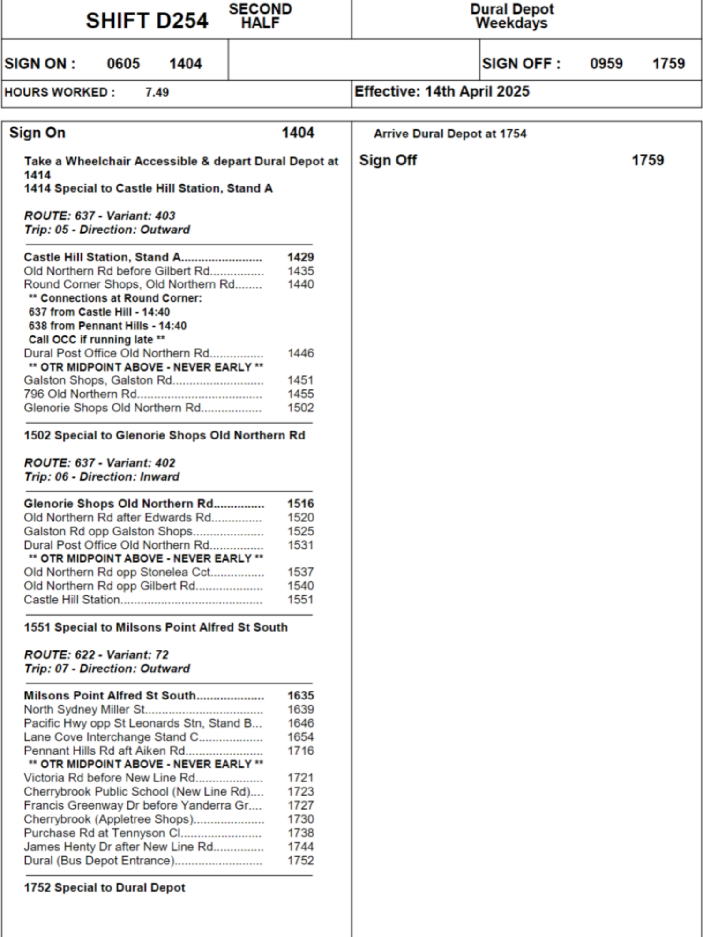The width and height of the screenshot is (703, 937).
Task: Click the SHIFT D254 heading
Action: click(147, 21)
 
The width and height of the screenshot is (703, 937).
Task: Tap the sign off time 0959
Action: click(606, 64)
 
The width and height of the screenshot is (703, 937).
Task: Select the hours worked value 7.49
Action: click(157, 92)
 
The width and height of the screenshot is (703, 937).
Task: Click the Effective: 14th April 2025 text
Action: click(441, 91)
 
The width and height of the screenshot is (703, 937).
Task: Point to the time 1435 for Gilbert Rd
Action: click(300, 271)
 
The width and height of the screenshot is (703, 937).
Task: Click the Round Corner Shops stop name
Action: click(129, 284)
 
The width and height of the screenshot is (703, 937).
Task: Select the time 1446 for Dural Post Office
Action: click(300, 353)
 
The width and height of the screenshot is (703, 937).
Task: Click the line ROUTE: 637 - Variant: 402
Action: click(100, 463)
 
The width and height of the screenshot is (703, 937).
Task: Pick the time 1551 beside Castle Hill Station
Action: click(300, 600)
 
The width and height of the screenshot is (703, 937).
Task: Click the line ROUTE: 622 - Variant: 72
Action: click(97, 655)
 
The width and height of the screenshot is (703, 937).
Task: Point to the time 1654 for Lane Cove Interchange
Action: click(300, 737)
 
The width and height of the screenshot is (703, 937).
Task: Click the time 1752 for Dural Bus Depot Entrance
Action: click(300, 861)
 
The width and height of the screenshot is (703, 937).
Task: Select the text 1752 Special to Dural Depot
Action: click(105, 888)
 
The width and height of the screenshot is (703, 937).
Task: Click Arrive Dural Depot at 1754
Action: click(450, 134)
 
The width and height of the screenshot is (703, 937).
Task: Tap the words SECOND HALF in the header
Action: click(260, 16)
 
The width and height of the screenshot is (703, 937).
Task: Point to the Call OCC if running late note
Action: click(97, 340)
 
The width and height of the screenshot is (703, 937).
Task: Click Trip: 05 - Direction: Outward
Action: click(107, 230)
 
